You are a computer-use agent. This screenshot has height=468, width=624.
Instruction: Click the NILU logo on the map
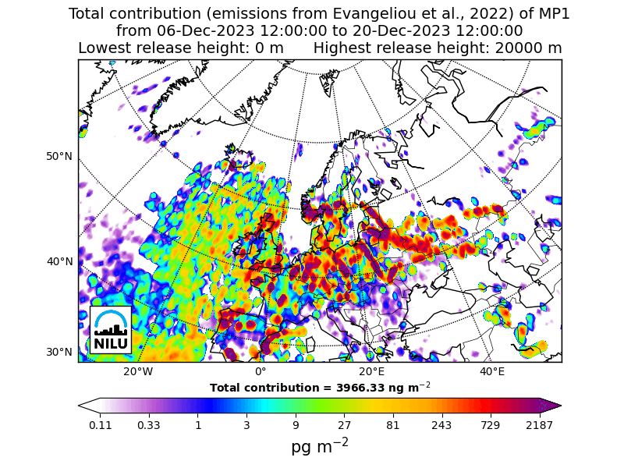[111, 330]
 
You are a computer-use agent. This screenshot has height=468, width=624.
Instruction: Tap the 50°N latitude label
[59, 156]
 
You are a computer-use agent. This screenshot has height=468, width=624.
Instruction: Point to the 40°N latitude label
[59, 261]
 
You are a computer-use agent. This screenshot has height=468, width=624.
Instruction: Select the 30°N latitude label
[59, 352]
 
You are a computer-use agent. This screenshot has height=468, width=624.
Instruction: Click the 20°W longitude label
[138, 371]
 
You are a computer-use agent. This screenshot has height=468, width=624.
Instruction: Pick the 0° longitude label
[261, 371]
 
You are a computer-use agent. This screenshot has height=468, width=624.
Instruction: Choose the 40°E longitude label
[492, 371]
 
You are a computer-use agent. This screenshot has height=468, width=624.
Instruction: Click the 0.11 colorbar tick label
[101, 425]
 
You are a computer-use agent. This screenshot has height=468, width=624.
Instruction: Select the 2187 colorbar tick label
[539, 425]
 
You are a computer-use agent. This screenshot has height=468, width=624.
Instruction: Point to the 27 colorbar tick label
[344, 425]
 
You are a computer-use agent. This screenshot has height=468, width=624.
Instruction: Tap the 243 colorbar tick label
[441, 425]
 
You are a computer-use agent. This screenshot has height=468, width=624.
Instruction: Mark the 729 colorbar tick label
[491, 425]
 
